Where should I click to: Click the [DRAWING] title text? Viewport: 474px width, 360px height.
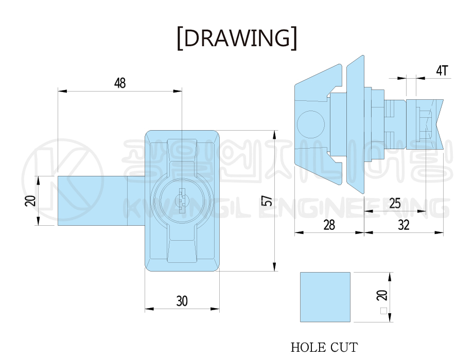[237, 38]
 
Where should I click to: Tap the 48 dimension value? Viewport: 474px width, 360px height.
[120, 83]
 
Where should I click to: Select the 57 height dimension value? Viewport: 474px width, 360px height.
[267, 201]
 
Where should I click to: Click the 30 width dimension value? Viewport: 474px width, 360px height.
[182, 301]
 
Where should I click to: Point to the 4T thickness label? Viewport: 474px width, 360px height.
[442, 71]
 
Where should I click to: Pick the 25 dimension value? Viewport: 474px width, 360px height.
[395, 204]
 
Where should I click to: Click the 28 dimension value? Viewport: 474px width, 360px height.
[329, 225]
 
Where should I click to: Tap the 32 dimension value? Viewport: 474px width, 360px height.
[404, 225]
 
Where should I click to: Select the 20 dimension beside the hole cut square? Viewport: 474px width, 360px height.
[382, 295]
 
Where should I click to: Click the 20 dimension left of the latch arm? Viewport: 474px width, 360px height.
[30, 201]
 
